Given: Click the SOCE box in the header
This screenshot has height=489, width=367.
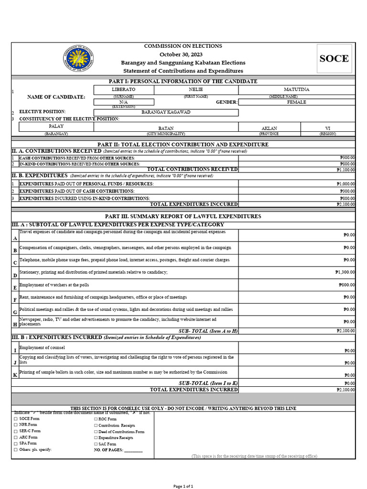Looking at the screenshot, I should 334,59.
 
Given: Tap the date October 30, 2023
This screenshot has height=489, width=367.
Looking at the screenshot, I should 183,54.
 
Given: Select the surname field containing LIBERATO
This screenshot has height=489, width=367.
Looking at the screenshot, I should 124,89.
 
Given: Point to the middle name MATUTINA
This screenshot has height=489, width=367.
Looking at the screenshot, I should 296,89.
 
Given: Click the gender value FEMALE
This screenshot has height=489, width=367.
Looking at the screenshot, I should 296,102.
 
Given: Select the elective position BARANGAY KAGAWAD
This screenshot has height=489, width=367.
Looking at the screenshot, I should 166,113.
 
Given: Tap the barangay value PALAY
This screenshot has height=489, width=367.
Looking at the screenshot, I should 56,127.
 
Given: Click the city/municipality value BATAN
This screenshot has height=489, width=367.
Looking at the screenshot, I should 166,128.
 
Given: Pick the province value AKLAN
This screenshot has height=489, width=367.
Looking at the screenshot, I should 269,128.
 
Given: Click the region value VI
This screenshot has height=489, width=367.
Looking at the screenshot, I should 327,128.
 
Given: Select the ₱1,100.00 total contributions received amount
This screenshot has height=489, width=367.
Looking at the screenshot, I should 345,170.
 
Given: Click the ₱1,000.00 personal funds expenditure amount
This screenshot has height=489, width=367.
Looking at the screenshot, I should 345,184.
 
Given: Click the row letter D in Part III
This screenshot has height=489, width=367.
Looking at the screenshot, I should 15,276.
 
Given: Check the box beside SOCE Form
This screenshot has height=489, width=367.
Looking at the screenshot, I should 15,419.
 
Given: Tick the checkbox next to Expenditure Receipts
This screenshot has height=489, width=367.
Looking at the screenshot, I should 96,437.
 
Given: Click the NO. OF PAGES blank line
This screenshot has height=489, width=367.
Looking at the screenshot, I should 133,450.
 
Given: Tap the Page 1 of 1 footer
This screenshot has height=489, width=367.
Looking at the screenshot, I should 183,486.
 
